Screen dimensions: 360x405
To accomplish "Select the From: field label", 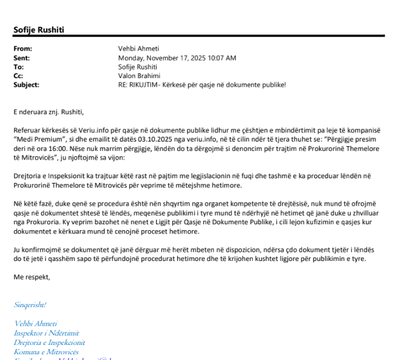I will (23, 49).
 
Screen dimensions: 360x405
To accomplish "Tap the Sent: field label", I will (22, 58).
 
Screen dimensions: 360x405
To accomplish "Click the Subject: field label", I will (26, 84).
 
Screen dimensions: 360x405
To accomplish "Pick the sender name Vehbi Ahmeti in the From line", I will (138, 49).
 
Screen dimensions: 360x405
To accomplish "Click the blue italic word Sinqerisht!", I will (30, 305).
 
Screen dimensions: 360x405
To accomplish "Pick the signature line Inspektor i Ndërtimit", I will (45, 333).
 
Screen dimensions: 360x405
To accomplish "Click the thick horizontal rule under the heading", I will (199, 36).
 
